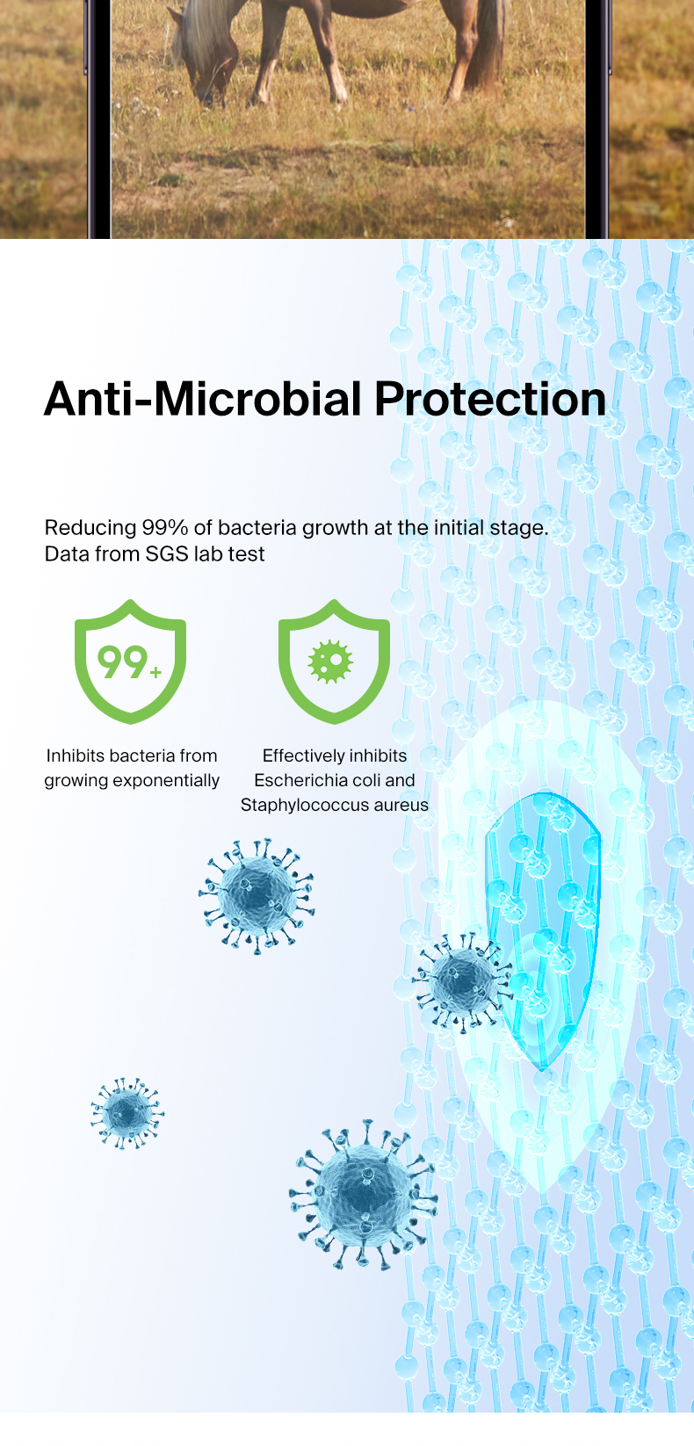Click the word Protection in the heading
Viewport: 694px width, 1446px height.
(x=490, y=400)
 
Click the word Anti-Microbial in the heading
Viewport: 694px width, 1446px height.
(x=203, y=400)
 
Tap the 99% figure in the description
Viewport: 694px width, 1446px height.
(x=164, y=528)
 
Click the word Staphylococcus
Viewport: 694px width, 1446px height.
(x=305, y=806)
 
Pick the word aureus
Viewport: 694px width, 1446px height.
(x=401, y=806)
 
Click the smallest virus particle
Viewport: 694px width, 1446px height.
(x=127, y=1113)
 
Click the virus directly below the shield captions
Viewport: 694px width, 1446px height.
(x=257, y=896)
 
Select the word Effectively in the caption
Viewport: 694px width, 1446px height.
(x=300, y=756)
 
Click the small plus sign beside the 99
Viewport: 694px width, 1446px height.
(x=155, y=673)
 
